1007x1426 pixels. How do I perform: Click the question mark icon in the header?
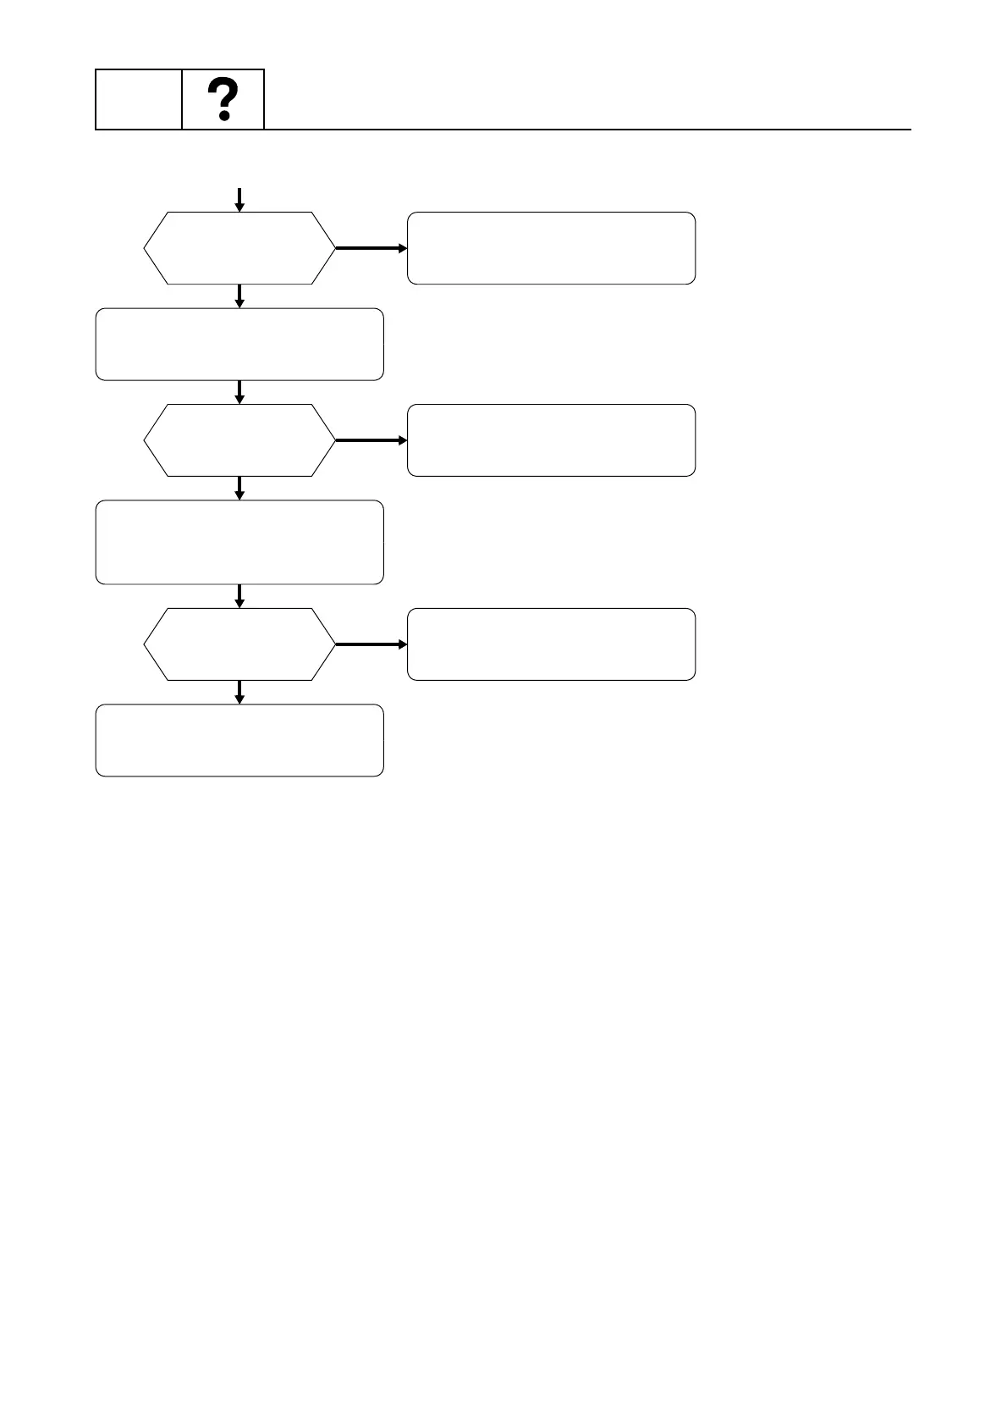tap(223, 100)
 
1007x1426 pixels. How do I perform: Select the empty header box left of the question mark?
tap(139, 100)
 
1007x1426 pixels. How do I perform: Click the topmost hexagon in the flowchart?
tap(239, 248)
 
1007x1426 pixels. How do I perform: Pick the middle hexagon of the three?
tap(239, 440)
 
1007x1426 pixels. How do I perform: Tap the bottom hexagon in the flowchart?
tap(239, 644)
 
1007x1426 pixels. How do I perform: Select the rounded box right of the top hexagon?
tap(551, 248)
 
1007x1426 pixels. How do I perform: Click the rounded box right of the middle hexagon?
tap(551, 440)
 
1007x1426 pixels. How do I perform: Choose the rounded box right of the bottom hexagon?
tap(551, 644)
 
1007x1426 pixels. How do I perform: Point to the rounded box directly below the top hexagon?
tap(239, 345)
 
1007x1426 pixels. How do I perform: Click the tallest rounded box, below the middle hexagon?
tap(239, 542)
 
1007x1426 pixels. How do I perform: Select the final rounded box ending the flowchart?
tap(239, 740)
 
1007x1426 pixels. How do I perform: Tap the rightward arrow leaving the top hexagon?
tap(371, 248)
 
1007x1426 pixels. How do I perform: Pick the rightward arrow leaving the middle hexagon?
tap(371, 440)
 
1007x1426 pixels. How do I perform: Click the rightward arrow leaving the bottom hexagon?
tap(371, 644)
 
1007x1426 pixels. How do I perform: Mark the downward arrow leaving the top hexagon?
tap(239, 296)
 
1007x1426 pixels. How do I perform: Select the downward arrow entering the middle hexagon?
tap(239, 392)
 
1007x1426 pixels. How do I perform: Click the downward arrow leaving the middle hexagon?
tap(239, 489)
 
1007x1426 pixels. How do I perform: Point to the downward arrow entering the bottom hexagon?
tap(239, 596)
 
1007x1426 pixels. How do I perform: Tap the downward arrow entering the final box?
tap(239, 692)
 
